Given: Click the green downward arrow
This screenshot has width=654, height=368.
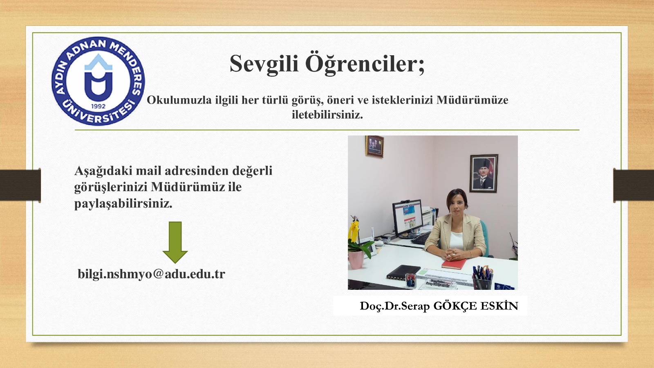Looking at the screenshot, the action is click(175, 242).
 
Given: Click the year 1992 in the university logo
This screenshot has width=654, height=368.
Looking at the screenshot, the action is click(98, 106).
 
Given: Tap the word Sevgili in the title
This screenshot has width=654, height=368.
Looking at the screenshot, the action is click(264, 64).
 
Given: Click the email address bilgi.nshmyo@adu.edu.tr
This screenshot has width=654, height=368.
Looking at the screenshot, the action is click(151, 274).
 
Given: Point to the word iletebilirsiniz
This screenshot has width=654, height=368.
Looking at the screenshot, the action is click(327, 115).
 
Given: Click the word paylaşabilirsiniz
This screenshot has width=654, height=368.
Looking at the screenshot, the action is click(123, 204).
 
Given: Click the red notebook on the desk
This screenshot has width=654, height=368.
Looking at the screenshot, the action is click(454, 264).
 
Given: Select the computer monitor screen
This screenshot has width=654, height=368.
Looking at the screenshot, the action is click(408, 217).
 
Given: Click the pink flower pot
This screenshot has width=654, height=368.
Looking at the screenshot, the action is click(356, 260).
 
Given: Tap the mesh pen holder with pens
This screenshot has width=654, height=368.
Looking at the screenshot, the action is click(482, 280).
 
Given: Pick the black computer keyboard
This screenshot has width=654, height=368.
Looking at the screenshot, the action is click(421, 238).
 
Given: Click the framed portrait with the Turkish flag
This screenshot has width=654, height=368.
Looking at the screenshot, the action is click(484, 173).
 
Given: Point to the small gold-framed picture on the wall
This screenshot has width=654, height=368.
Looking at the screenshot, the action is click(374, 147).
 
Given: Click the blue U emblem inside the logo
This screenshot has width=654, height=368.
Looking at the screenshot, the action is click(99, 79).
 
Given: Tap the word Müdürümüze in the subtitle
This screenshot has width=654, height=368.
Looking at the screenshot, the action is click(473, 100).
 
